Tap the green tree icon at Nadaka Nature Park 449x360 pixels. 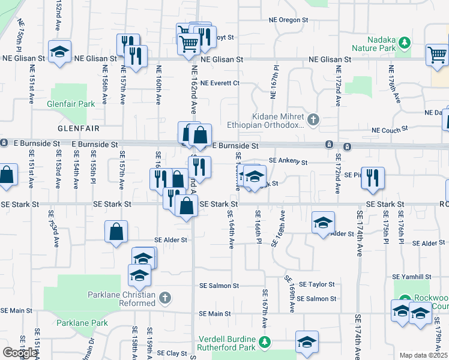click(405, 42)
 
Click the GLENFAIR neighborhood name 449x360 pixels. click(78, 128)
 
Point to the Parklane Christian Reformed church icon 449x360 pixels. click(165, 297)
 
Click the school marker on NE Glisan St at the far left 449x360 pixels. click(59, 52)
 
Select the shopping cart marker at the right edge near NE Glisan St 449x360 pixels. click(436, 55)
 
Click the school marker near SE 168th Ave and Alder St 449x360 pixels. click(323, 223)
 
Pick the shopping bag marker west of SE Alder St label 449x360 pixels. click(116, 232)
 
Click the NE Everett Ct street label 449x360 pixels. click(220, 83)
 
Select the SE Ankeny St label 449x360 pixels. click(288, 161)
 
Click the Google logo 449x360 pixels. click(20, 353)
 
